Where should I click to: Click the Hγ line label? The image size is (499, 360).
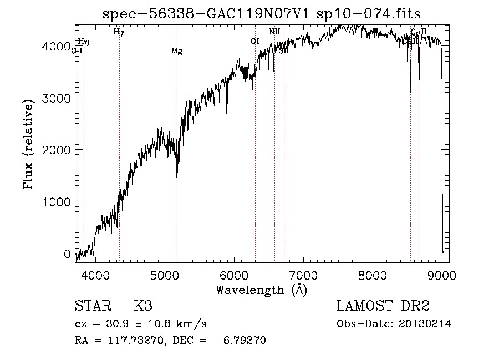click(119, 32)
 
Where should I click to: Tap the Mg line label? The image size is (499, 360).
click(176, 52)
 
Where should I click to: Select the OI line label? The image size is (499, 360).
click(254, 41)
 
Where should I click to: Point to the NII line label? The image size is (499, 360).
click(274, 32)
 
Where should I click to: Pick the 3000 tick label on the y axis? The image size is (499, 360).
click(56, 98)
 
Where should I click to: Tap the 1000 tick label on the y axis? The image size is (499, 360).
click(56, 202)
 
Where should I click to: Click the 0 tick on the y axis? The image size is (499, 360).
click(67, 254)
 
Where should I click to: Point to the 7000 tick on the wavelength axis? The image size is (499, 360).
click(303, 275)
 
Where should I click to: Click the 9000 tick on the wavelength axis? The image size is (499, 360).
click(442, 275)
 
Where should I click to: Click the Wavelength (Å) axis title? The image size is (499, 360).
click(261, 290)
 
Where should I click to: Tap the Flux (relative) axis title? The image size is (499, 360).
click(28, 144)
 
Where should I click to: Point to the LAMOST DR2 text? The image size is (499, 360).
click(383, 307)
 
